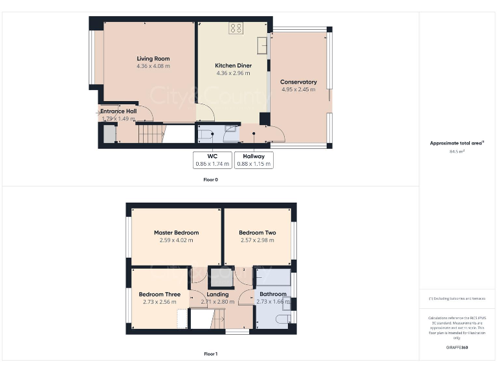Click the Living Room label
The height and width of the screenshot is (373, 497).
tap(153, 59)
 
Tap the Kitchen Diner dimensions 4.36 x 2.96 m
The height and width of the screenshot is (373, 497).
tap(233, 73)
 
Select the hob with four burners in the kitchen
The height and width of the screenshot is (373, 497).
tap(236, 28)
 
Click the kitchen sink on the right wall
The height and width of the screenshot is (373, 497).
tap(263, 45)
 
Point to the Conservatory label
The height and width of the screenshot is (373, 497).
tap(298, 82)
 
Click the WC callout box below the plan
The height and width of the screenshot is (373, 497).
tap(212, 160)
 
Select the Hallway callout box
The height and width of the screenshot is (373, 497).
tap(254, 160)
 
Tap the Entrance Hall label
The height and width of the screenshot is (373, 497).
tap(118, 111)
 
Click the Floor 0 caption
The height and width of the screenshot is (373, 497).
tap(210, 179)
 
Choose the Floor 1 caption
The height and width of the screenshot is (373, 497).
tap(210, 354)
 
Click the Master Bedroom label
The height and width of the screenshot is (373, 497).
tap(176, 232)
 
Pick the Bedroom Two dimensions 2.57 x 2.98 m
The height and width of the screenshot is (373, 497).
tap(257, 240)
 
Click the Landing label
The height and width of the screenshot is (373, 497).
tap(217, 295)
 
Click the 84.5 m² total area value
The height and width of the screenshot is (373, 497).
tap(457, 151)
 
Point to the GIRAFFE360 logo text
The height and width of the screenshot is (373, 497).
tap(457, 348)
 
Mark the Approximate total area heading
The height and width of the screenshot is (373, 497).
tap(457, 143)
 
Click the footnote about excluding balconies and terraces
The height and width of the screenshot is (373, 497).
tap(457, 299)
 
